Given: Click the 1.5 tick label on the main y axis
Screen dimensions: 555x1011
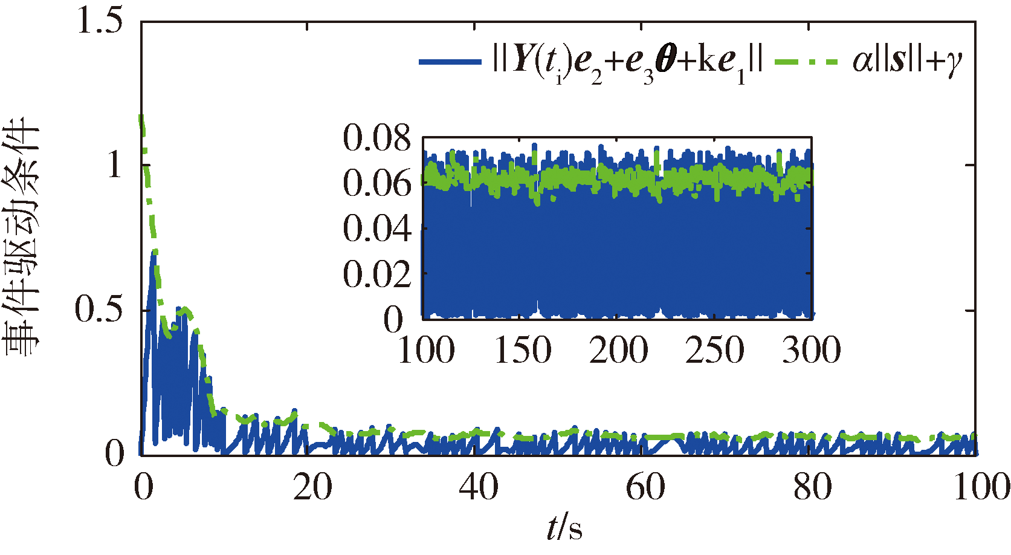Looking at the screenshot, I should (x=100, y=21).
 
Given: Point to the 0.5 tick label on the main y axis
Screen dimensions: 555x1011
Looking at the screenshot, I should (x=100, y=310).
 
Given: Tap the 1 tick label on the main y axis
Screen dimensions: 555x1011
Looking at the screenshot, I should (x=115, y=164).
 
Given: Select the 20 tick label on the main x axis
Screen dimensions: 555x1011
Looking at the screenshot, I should (x=312, y=487).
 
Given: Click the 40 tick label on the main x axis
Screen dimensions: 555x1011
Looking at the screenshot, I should (x=479, y=487).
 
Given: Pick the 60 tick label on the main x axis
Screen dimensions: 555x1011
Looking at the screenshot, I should (x=645, y=487).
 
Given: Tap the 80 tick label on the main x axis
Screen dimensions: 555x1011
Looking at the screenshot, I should (x=812, y=487).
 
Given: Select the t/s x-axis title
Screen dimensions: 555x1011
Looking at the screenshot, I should (x=564, y=528).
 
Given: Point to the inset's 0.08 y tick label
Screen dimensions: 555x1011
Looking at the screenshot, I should (x=377, y=138).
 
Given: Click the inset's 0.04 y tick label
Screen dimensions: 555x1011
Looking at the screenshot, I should (x=377, y=229).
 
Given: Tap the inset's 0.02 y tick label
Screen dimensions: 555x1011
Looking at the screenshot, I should (x=377, y=274).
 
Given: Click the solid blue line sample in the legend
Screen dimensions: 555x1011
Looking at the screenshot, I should (x=450, y=61).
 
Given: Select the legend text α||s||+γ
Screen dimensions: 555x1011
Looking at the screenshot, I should (x=907, y=61).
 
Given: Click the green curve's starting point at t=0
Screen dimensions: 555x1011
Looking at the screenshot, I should (x=141, y=116).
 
